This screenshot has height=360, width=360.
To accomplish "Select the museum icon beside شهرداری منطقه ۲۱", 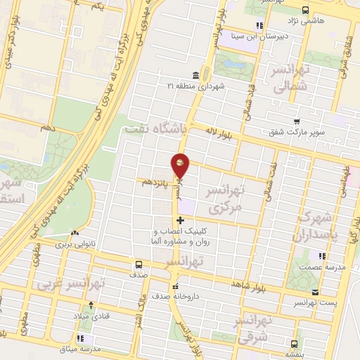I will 195,75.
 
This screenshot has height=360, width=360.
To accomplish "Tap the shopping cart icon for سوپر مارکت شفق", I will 297,121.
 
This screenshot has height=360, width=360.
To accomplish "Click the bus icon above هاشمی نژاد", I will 305,10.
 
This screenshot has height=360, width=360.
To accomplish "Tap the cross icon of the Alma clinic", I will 180,220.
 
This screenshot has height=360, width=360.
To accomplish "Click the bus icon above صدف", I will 138,265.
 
